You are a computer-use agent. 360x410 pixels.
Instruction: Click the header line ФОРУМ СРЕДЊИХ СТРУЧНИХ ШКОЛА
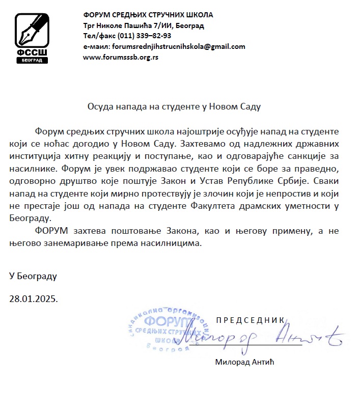click(x=148, y=15)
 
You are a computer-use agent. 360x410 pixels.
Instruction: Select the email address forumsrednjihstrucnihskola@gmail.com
click(x=178, y=46)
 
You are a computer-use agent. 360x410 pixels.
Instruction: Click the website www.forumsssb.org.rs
click(x=121, y=57)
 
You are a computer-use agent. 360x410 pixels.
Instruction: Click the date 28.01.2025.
click(x=34, y=298)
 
